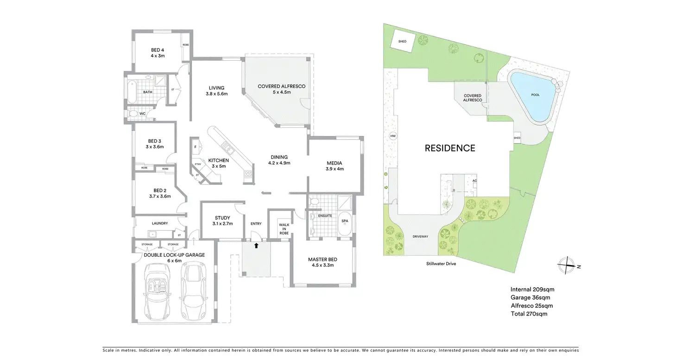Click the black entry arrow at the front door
(x=256, y=246)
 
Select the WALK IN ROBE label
(x=284, y=229)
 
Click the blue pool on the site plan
(x=532, y=97)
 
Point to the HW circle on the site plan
(x=393, y=136)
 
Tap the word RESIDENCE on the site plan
(x=450, y=148)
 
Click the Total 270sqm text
(x=529, y=314)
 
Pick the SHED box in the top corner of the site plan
(x=402, y=42)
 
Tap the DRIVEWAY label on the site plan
(x=420, y=237)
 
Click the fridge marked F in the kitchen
(x=196, y=147)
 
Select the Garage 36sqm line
(x=530, y=297)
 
